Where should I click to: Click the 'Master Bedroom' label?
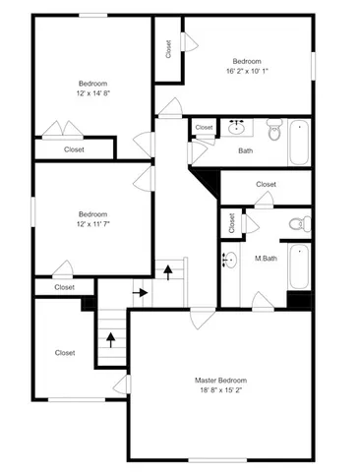click(x=220, y=380)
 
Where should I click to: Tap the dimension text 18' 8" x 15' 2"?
click(x=220, y=390)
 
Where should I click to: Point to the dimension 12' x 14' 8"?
click(x=93, y=94)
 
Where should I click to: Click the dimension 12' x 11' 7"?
click(x=93, y=225)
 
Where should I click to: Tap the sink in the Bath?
click(x=236, y=128)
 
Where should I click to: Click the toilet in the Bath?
click(x=273, y=129)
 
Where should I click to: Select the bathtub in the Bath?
click(x=299, y=142)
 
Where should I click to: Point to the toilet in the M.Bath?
click(x=298, y=225)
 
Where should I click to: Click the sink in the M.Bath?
click(x=229, y=261)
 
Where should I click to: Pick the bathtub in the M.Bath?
click(x=299, y=267)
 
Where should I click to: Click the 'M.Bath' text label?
click(x=265, y=259)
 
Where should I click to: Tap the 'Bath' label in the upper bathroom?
click(x=246, y=150)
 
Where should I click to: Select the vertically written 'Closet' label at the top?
click(x=168, y=49)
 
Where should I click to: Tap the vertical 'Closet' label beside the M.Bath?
click(x=232, y=224)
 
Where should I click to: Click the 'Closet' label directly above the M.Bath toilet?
click(x=266, y=184)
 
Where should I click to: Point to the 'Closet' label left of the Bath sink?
click(x=204, y=128)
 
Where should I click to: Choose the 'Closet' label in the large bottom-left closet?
click(x=65, y=352)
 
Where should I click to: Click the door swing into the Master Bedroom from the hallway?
click(x=202, y=315)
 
